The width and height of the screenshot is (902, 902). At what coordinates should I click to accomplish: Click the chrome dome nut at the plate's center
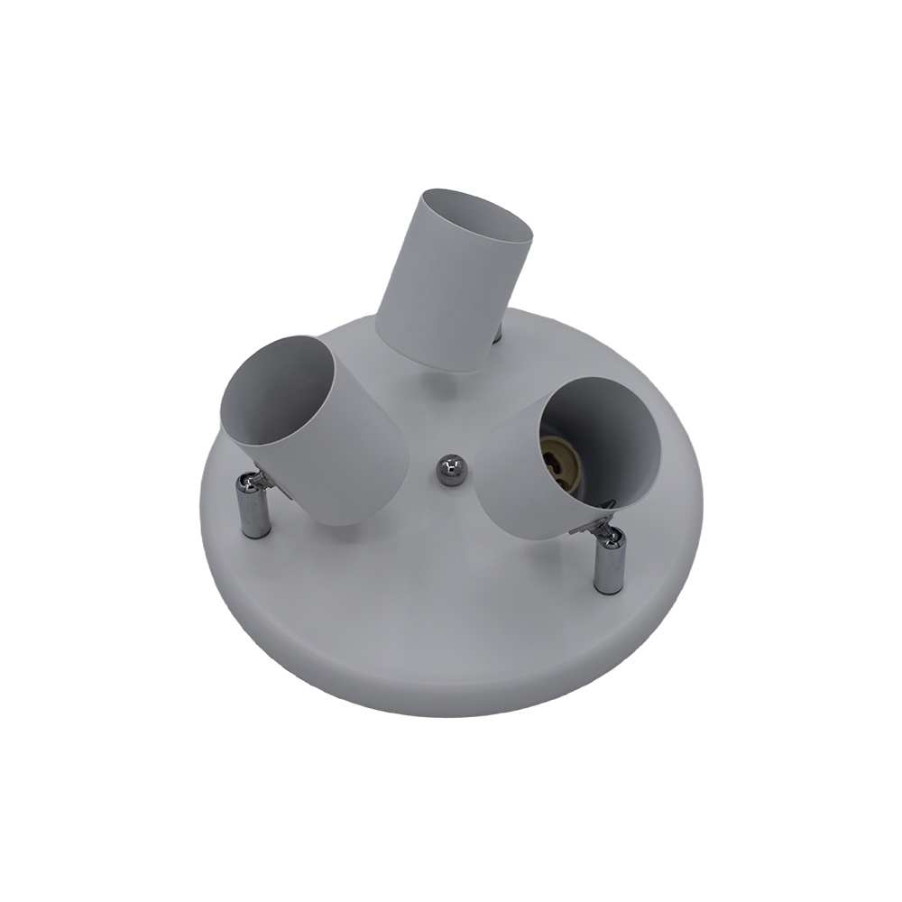[449, 470]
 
